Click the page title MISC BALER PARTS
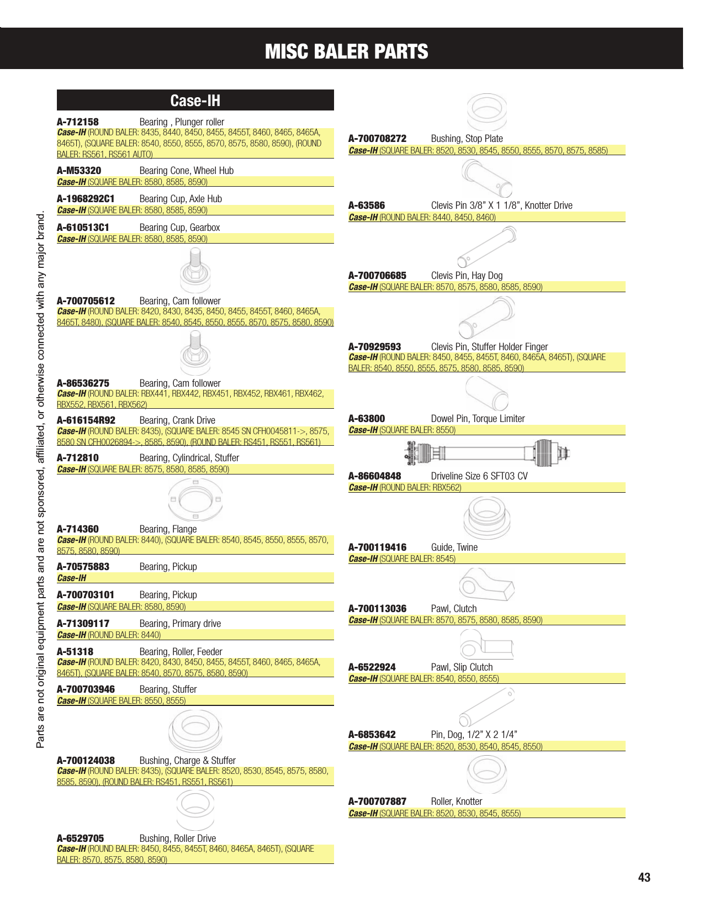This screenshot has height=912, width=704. tap(346, 51)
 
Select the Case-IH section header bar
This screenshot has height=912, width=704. tap(195, 101)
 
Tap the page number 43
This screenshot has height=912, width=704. tap(644, 877)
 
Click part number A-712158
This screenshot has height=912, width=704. tap(78, 122)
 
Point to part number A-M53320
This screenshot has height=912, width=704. tap(79, 171)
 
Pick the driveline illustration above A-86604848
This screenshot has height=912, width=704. tap(486, 453)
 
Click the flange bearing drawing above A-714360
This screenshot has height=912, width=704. tap(195, 499)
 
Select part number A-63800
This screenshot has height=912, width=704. tap(367, 419)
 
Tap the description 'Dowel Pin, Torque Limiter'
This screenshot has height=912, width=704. tap(478, 419)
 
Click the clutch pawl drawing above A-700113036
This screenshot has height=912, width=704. tap(486, 585)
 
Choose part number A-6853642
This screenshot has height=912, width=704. tap(372, 735)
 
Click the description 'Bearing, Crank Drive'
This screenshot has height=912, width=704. tap(177, 420)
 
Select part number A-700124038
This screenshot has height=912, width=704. tap(86, 761)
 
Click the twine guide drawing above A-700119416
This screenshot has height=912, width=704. tap(486, 518)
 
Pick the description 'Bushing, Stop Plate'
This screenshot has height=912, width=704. tap(467, 139)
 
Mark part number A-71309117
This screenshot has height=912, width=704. tap(83, 624)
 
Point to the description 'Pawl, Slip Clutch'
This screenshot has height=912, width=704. tap(462, 667)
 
